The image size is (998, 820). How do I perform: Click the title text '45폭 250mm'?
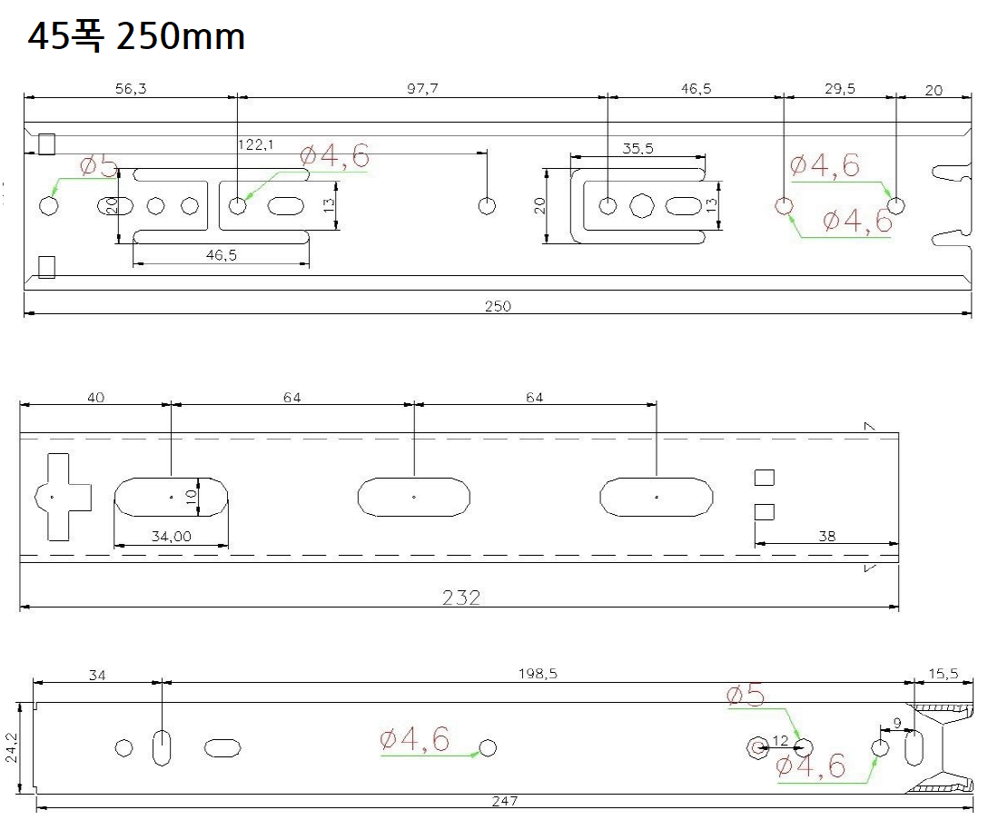(136, 37)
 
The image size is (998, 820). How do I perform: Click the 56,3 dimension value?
(131, 88)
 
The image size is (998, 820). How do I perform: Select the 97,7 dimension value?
(422, 88)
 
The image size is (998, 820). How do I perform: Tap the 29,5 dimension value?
(840, 88)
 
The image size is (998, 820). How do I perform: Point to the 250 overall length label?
(498, 306)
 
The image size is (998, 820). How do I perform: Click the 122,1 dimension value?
(256, 145)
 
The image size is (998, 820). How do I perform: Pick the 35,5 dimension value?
(637, 148)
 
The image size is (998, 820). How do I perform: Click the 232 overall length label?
(461, 598)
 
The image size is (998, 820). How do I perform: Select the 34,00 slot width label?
(172, 537)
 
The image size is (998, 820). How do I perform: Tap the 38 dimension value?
(826, 537)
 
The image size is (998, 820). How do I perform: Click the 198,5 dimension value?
(538, 674)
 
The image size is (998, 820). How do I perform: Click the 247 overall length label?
(505, 801)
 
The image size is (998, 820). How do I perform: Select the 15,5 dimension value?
(944, 674)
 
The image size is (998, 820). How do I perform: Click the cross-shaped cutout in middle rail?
(63, 497)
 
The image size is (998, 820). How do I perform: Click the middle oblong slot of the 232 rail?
(414, 497)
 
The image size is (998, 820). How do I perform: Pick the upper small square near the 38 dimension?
(765, 478)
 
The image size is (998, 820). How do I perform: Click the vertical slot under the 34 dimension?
(163, 747)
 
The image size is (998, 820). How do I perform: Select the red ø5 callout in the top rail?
(99, 167)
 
